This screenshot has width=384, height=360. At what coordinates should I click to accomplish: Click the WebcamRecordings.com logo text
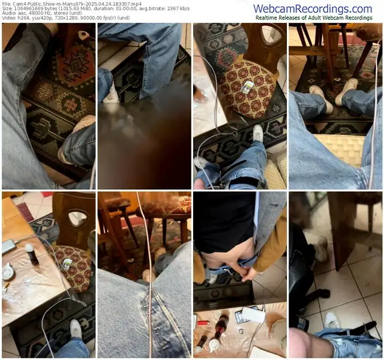point(313,9)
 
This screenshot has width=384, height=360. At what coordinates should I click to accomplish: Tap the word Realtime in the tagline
point(266,18)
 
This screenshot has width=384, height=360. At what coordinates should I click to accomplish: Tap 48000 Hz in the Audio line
point(41,13)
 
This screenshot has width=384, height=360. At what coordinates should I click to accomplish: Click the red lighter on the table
point(202,323)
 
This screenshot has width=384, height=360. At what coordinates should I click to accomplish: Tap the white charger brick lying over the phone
point(253,314)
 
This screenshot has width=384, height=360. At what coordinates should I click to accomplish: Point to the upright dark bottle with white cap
point(31,255)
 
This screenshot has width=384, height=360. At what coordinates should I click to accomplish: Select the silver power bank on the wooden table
point(9,246)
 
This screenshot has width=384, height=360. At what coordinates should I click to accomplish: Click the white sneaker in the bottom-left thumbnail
point(76,328)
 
